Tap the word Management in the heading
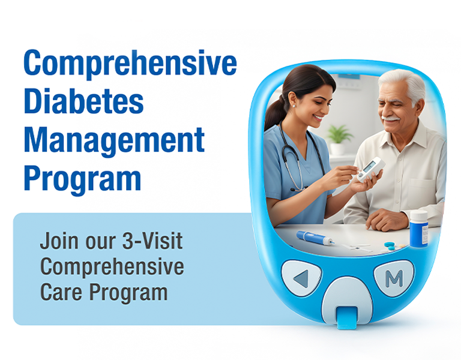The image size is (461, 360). [x=113, y=140]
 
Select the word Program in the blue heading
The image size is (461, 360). [x=82, y=178]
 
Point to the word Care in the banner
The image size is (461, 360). [x=62, y=293]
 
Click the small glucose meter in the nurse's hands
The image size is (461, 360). [x=369, y=169]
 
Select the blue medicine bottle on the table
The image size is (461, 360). [x=418, y=227]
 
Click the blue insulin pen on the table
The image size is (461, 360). [x=315, y=238]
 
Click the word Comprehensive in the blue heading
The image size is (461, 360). [x=130, y=64]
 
